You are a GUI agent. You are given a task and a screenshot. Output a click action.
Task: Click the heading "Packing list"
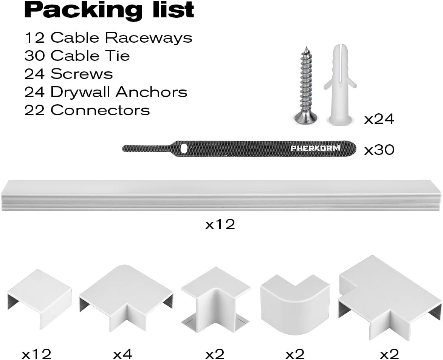109,11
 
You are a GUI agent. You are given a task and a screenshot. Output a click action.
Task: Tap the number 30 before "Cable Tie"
34,56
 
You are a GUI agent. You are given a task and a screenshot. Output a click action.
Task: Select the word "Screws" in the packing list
82,74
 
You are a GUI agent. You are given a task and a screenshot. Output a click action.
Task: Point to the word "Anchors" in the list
152,92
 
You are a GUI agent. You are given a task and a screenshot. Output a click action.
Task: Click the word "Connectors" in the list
100,110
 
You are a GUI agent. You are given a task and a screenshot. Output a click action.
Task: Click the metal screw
305,85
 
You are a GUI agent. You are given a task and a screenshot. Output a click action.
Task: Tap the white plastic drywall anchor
340,84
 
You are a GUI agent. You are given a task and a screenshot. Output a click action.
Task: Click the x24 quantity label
379,119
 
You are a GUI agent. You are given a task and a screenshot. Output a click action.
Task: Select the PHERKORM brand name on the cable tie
315,148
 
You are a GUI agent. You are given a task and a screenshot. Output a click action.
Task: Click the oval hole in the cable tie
184,148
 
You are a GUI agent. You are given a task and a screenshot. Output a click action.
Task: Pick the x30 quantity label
379,150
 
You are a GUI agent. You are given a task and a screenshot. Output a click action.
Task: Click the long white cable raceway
221,195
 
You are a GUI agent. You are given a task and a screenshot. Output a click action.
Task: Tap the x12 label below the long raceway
220,224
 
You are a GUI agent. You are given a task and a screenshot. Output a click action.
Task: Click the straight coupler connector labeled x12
39,299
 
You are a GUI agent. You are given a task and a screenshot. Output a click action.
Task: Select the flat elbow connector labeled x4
126,298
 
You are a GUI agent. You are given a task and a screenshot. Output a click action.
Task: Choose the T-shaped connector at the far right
390,297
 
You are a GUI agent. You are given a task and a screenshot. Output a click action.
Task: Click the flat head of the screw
306,118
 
